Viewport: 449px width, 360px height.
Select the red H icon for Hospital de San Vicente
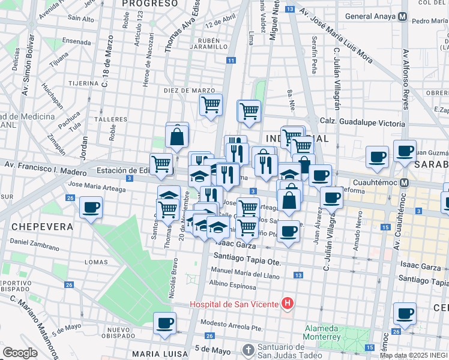(x=288, y=304)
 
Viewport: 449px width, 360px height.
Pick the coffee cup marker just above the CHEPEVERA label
(x=91, y=208)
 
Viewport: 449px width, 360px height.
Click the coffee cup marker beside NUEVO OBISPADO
(x=165, y=323)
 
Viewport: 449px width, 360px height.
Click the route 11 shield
(x=231, y=60)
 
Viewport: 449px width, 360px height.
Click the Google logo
(x=20, y=352)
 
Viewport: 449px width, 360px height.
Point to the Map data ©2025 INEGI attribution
(x=414, y=355)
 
